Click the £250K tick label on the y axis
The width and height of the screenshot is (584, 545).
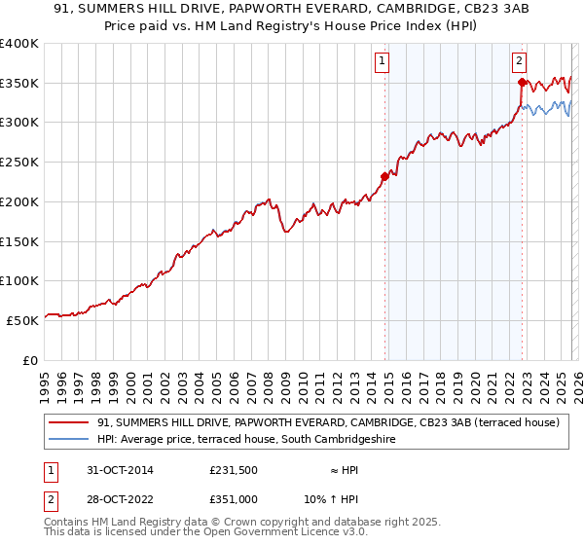(18, 163)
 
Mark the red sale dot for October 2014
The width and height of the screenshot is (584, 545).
(384, 177)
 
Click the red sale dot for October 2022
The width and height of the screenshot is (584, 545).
(522, 83)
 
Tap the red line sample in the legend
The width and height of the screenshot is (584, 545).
(69, 423)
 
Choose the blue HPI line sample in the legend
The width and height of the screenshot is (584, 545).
(69, 440)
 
